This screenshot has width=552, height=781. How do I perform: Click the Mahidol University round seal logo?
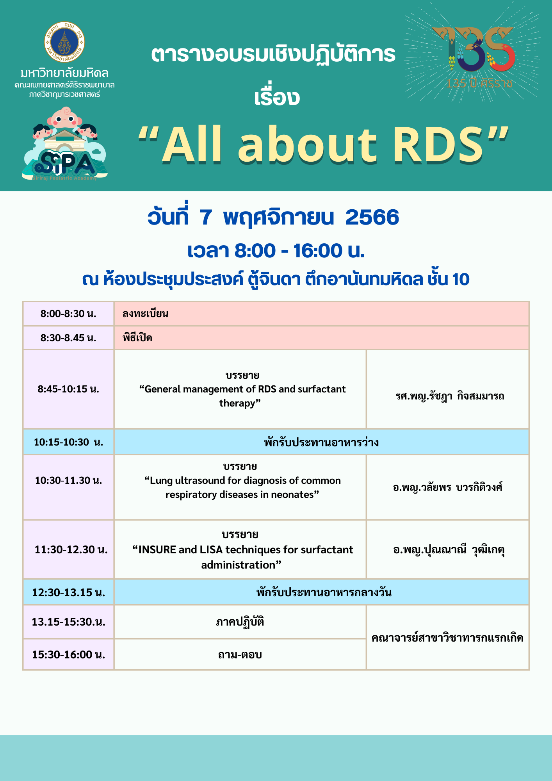click(64, 42)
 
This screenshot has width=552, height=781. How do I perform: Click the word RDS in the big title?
click(438, 144)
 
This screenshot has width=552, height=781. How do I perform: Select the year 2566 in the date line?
click(372, 217)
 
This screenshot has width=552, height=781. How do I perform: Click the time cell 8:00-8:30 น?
click(68, 314)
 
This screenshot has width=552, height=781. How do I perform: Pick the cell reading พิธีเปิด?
click(137, 337)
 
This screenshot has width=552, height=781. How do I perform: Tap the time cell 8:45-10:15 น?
click(68, 389)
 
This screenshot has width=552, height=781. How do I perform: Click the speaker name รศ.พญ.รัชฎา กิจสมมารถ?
click(450, 396)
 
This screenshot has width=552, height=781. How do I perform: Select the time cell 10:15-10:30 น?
click(68, 442)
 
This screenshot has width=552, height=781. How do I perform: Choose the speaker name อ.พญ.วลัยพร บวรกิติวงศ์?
click(447, 487)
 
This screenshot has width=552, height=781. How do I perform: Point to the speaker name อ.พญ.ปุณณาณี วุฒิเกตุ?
click(449, 550)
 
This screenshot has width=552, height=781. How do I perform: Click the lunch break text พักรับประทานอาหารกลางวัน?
click(324, 592)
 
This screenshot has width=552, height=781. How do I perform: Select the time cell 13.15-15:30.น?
click(68, 622)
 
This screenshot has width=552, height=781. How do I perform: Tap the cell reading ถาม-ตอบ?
click(240, 654)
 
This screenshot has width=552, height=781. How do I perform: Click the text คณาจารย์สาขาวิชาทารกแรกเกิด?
click(447, 638)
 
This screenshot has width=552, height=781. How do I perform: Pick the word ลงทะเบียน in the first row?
click(146, 314)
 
